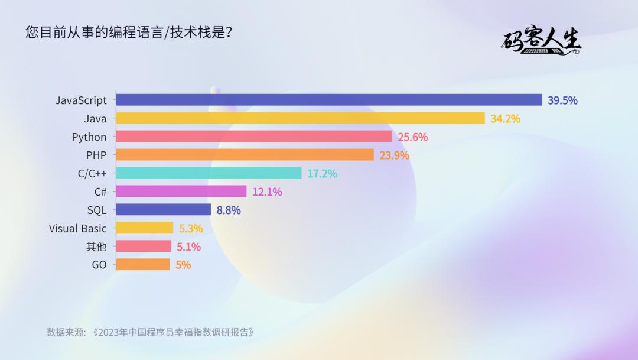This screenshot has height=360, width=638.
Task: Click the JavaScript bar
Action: coord(328,100)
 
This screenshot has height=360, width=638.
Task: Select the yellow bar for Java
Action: coord(300,118)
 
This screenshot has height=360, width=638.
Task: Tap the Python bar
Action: coord(254,137)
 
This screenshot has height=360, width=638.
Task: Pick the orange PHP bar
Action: coord(245,155)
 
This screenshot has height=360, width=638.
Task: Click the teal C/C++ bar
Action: coord(209,173)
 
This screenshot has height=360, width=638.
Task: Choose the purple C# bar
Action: coord(181,192)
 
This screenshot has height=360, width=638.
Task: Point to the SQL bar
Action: coord(163,210)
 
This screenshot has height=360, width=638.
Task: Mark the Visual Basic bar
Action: coord(144,228)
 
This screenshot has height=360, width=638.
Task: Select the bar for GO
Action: coord(143,265)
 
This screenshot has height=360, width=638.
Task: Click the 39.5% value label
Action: coord(562,100)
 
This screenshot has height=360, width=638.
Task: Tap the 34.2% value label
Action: coord(505,119)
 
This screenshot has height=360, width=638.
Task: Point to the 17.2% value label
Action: coord(322,174)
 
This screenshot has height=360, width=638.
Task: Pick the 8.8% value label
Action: coord(229,210)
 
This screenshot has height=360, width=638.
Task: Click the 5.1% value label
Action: coord(188,247)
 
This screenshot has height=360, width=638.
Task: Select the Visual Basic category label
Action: coord(77,229)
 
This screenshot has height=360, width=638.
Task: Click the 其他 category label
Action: coord(97,247)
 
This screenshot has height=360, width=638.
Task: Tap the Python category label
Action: coord(89,137)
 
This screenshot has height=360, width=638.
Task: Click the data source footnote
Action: coord(150,332)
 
